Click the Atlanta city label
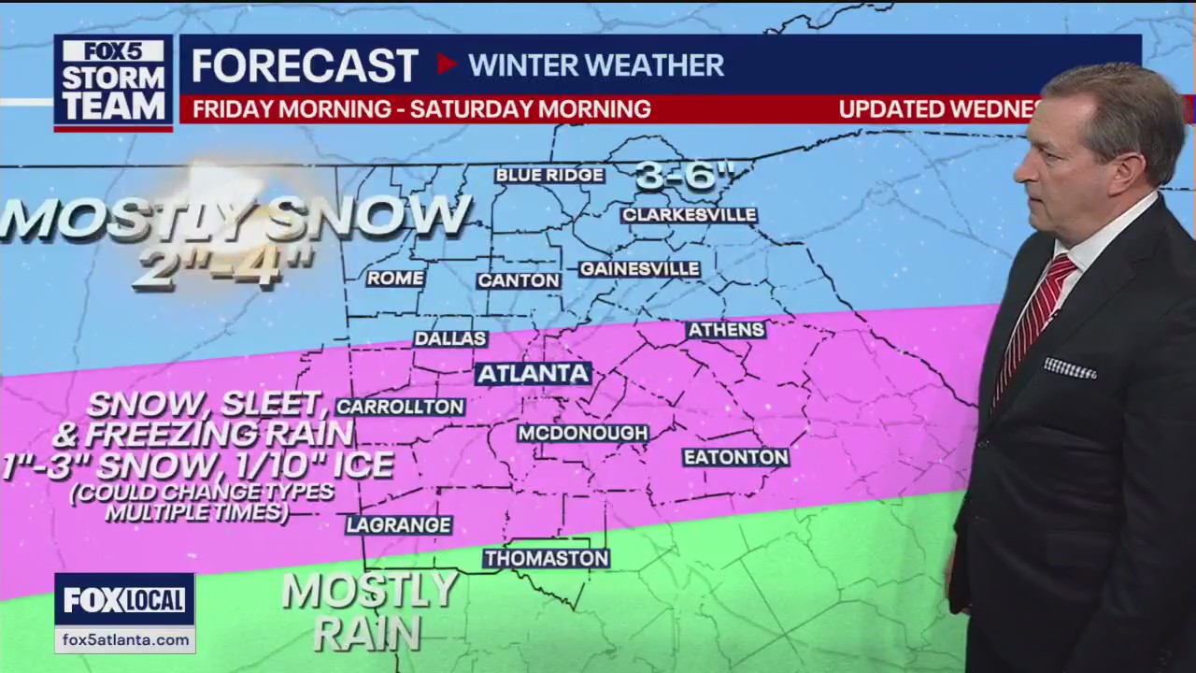click(534, 374)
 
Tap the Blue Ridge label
click(549, 176)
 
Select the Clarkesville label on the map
click(689, 215)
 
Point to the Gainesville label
click(639, 269)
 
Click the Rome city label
click(395, 279)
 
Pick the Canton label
click(519, 280)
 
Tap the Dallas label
click(450, 338)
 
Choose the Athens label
click(726, 330)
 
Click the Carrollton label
click(400, 407)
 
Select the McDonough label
click(583, 433)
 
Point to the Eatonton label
click(735, 457)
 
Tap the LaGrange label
click(399, 525)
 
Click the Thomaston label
click(547, 559)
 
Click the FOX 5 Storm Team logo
click(113, 82)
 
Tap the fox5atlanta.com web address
click(124, 639)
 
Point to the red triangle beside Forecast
click(447, 64)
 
